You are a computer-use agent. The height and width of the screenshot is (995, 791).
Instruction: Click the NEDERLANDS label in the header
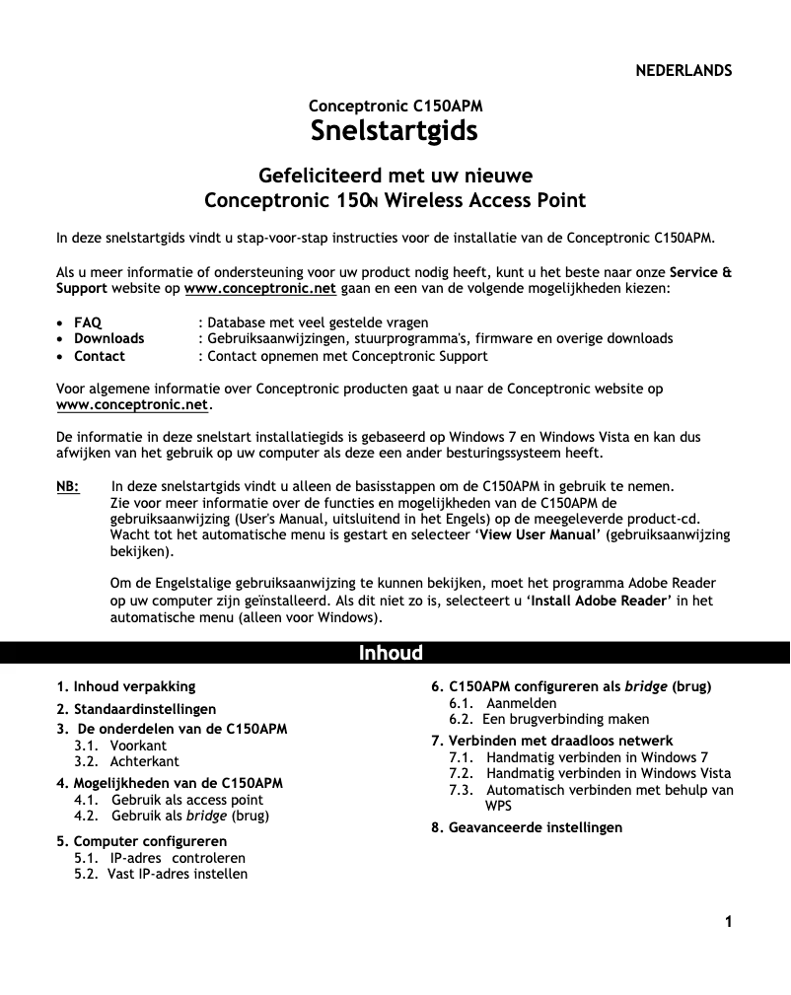pos(683,71)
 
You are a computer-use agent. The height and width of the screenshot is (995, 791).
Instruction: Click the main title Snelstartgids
pos(395,130)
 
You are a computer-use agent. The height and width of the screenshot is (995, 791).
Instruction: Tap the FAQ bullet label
pos(88,322)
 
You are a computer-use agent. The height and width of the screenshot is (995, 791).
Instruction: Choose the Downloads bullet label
pos(108,339)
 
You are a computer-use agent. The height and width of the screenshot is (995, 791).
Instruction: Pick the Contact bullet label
pos(100,356)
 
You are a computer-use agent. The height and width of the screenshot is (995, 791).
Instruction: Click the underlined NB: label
pos(68,486)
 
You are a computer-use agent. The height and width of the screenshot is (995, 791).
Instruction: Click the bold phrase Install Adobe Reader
pos(599,601)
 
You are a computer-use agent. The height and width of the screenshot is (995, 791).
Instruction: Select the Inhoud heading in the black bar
pos(391,653)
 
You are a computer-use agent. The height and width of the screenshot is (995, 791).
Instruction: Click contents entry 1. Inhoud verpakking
pos(126,686)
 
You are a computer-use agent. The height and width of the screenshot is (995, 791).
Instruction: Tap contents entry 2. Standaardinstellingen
pos(136,709)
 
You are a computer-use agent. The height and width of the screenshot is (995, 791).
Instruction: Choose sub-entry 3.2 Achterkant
pos(127,762)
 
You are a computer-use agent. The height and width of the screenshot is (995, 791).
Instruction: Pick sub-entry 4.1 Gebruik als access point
pos(170,800)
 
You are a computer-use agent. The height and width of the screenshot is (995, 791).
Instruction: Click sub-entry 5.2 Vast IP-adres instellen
pos(162,874)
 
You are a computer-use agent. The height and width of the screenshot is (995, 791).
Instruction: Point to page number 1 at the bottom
pos(728,923)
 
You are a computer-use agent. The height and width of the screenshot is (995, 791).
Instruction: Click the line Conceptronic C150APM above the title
pos(395,106)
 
